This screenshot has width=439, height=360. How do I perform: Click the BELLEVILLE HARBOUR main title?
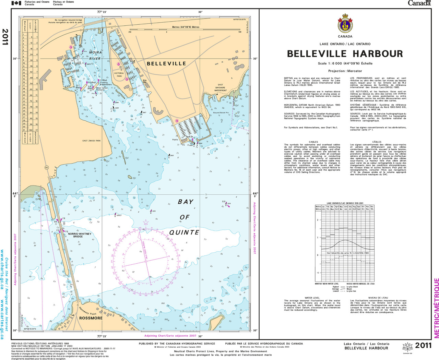tap(345, 54)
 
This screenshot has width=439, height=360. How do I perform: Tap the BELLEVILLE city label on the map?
tap(166, 64)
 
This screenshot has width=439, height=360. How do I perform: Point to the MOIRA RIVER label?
tap(95, 55)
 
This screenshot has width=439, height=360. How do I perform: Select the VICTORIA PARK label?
tap(119, 74)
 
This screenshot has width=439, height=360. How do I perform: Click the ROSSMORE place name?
tap(91, 318)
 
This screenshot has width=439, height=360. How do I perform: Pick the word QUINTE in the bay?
tap(184, 232)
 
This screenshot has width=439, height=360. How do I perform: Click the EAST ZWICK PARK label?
tap(92, 141)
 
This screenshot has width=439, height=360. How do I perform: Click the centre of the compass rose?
tap(146, 262)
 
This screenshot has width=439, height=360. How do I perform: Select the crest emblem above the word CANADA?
tap(345, 24)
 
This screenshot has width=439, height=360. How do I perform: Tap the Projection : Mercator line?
tap(345, 71)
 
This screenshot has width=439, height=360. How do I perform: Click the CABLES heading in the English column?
tap(313, 142)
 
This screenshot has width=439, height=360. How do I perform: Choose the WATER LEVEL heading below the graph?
tap(312, 298)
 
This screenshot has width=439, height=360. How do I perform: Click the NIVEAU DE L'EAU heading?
tap(378, 298)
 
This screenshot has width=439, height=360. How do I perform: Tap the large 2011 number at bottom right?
tap(423, 346)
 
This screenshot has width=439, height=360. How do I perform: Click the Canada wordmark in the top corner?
tap(419, 3)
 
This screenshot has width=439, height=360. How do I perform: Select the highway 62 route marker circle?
tap(47, 168)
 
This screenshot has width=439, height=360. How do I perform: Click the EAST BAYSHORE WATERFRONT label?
tap(220, 87)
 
